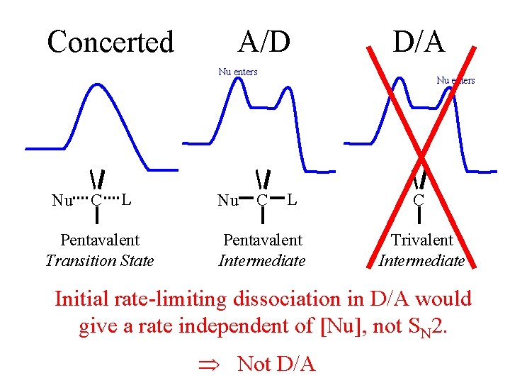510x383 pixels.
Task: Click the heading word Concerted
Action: (110, 42)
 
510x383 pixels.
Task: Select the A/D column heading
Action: (264, 42)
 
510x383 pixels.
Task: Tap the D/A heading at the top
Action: (419, 42)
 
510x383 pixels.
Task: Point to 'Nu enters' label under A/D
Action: (237, 72)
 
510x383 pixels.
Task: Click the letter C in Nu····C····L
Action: (96, 200)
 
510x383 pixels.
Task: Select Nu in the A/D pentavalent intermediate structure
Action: (227, 201)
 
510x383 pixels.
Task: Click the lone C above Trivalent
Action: (418, 200)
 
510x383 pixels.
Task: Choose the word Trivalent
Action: (421, 240)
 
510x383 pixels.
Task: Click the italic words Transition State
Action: (99, 260)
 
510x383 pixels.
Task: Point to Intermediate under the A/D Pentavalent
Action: (262, 260)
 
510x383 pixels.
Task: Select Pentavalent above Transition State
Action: (100, 240)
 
